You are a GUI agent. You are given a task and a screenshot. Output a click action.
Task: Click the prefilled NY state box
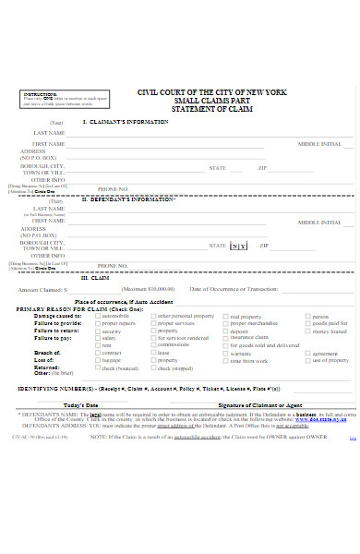238,246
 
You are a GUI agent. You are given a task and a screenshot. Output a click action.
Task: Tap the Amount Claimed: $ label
44,290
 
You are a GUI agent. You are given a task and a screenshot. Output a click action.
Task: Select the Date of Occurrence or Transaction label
234,290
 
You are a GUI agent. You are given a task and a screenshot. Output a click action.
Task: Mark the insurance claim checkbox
225,339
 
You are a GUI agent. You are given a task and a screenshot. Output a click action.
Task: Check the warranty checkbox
225,354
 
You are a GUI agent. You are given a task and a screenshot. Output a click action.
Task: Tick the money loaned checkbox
308,331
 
